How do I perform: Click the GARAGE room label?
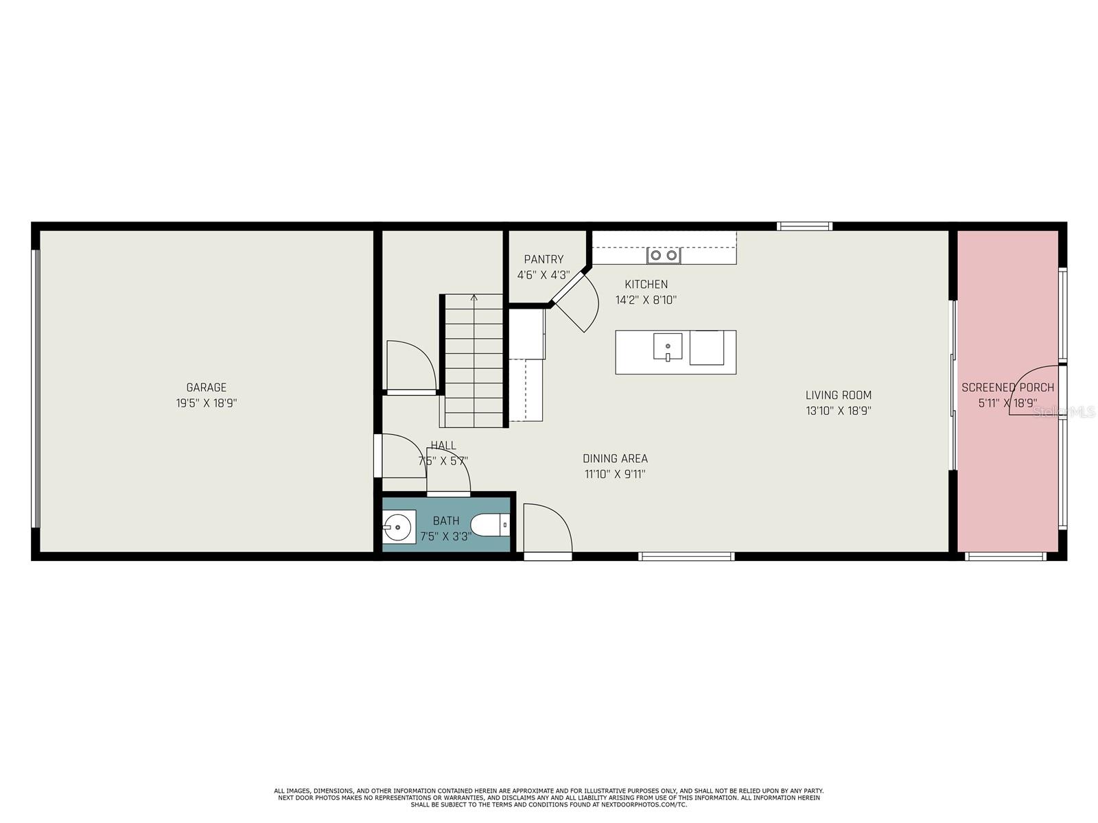(x=206, y=387)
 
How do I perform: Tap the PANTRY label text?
(x=544, y=259)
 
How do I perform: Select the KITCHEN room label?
(x=646, y=284)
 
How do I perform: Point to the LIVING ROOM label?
(x=838, y=395)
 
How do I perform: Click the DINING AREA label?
(x=615, y=459)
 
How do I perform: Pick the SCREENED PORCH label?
(x=1007, y=387)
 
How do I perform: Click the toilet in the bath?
(x=490, y=525)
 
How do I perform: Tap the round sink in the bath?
(x=398, y=527)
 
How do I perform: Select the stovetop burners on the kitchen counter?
(x=664, y=256)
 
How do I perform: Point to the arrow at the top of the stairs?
(x=474, y=298)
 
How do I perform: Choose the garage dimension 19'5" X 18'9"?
(x=206, y=403)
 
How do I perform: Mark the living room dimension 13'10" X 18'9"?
(x=838, y=411)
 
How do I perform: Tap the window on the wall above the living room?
(x=804, y=226)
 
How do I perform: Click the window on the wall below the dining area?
(x=686, y=556)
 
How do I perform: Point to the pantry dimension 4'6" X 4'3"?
(x=544, y=275)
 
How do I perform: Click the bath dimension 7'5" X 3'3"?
(x=445, y=536)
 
